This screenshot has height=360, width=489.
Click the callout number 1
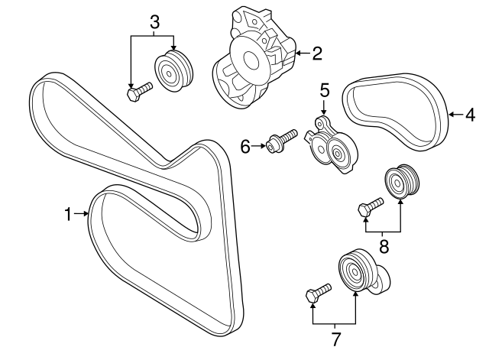point(69,215)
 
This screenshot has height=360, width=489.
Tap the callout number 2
point(316,54)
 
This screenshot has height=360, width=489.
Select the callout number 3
point(154,23)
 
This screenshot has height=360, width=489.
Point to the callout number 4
point(470,115)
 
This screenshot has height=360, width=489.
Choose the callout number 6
point(245,146)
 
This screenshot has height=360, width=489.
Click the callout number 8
point(384,246)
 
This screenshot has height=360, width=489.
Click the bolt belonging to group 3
point(138,93)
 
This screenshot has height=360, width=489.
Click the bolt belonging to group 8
point(370,206)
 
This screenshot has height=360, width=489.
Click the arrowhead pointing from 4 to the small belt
point(450,115)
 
